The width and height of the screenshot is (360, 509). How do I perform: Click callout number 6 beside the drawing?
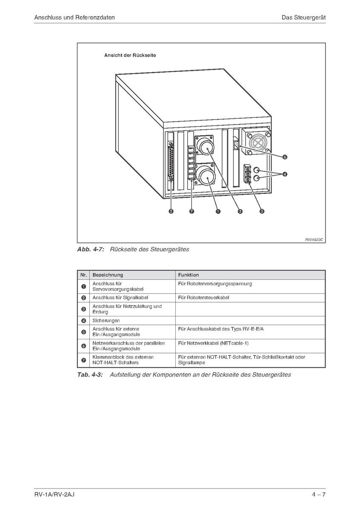point(285,157)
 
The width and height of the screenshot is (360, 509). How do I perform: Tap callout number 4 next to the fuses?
point(285,173)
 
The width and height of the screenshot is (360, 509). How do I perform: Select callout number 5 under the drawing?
point(171,211)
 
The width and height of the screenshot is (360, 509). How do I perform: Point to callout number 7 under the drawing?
point(192,211)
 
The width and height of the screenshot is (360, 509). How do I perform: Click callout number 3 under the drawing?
point(262,211)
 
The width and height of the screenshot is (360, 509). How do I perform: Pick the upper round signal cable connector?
point(205,147)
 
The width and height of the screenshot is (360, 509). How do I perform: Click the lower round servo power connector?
point(206,176)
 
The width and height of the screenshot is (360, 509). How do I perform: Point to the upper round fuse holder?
point(256,170)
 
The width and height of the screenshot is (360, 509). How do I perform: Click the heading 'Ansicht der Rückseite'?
point(130,55)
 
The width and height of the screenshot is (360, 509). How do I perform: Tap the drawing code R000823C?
point(314,239)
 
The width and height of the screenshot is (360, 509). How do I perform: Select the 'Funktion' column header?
point(189,275)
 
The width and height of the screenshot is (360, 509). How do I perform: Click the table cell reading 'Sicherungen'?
point(106,321)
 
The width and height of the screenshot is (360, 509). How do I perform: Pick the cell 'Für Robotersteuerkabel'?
point(203,298)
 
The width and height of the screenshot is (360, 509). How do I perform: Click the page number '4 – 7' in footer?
point(318,495)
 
